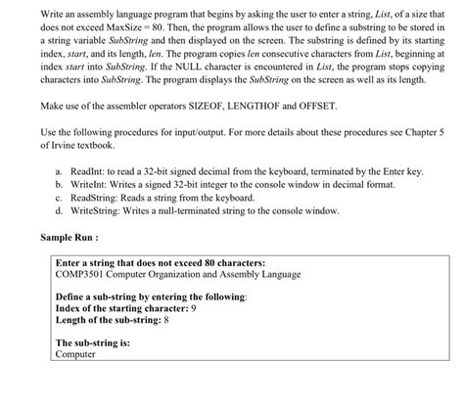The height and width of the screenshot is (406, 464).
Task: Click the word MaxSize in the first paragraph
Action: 116,31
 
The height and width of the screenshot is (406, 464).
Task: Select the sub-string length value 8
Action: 166,320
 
